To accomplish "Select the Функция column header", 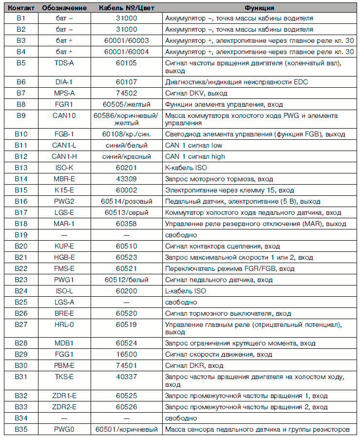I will [259, 8].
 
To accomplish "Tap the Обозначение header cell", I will [64, 8].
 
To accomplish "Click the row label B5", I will [21, 63].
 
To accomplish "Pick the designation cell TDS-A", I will [64, 63].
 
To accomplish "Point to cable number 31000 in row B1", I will [127, 18].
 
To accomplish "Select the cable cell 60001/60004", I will [127, 52].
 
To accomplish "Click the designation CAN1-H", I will [64, 157].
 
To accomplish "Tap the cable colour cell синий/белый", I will [127, 146].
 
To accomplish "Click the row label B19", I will [21, 235].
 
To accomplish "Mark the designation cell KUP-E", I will [64, 246].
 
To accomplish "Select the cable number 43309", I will [127, 179].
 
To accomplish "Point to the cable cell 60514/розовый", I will [127, 201].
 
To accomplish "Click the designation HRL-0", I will [64, 324].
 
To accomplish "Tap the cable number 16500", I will [127, 355].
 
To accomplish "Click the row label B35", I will [21, 429].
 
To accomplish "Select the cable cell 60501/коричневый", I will [127, 429].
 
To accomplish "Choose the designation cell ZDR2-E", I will [64, 407].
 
